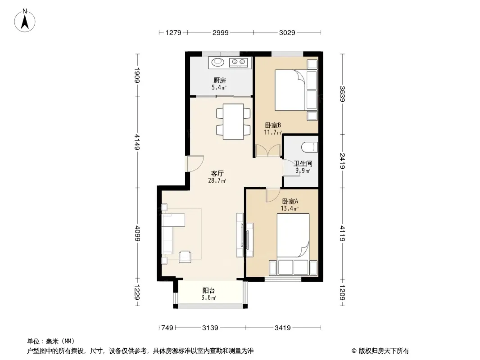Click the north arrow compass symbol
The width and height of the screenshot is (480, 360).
pyautogui.click(x=25, y=20)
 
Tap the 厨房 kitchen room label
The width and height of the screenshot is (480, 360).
pyautogui.click(x=219, y=81)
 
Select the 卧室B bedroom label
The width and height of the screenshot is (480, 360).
pyautogui.click(x=273, y=126)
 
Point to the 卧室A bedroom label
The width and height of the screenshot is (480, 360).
pyautogui.click(x=290, y=202)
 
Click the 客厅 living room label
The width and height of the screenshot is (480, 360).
pyautogui.click(x=217, y=174)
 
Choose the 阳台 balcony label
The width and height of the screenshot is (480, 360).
pyautogui.click(x=208, y=291)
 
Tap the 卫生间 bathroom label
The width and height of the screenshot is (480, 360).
pyautogui.click(x=303, y=164)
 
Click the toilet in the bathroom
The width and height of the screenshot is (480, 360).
pyautogui.click(x=309, y=148)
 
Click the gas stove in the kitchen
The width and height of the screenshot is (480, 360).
pyautogui.click(x=239, y=63)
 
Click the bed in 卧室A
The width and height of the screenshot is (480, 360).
pyautogui.click(x=293, y=235)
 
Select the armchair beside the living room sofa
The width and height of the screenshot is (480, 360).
pyautogui.click(x=185, y=256)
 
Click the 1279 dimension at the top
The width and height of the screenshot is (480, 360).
pyautogui.click(x=173, y=32)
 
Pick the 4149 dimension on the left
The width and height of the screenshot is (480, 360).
pyautogui.click(x=137, y=142)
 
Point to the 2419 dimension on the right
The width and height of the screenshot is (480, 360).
pyautogui.click(x=342, y=161)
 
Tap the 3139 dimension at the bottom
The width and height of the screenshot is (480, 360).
pyautogui.click(x=210, y=328)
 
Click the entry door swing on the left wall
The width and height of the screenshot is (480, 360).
pyautogui.click(x=195, y=164)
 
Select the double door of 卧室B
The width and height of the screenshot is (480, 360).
pyautogui.click(x=268, y=150)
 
